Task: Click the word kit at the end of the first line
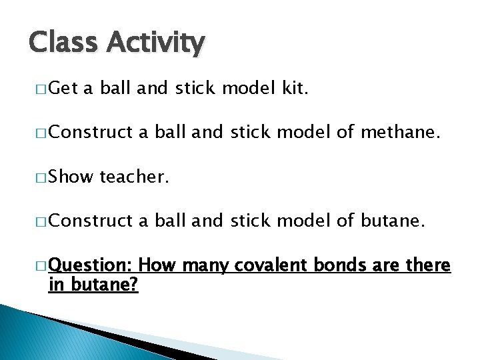coord(292,89)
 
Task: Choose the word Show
coord(71,177)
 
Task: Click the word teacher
coord(133,177)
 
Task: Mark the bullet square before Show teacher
coord(41,178)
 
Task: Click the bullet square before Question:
coord(41,267)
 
